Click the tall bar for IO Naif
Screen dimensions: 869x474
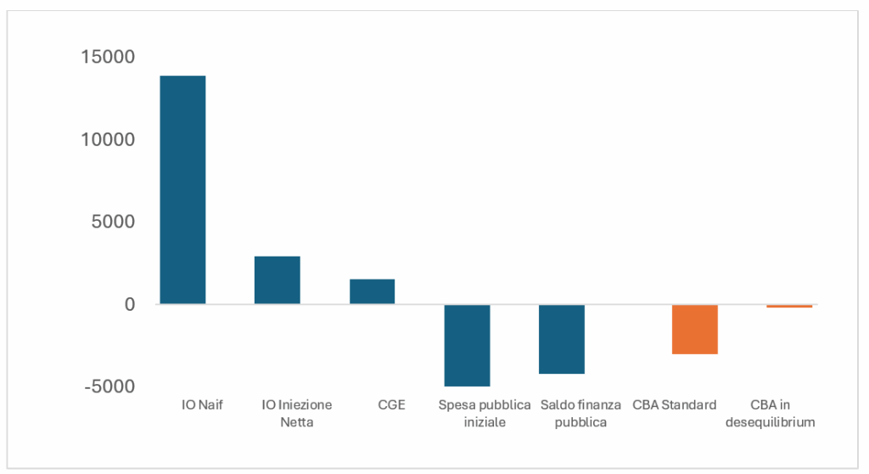(183, 189)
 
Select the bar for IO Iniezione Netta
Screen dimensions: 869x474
(278, 280)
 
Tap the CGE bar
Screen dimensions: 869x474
(372, 291)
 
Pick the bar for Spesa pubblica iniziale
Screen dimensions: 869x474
(468, 345)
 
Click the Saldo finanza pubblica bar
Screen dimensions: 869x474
(562, 339)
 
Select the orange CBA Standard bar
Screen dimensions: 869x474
(695, 329)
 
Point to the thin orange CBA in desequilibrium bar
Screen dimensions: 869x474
(789, 306)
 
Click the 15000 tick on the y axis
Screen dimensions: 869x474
(108, 57)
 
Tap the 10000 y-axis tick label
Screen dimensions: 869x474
(108, 139)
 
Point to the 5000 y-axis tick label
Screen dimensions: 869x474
(113, 222)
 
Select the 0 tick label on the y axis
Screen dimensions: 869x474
(130, 304)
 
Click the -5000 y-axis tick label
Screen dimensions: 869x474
(109, 387)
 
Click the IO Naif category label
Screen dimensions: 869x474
(202, 404)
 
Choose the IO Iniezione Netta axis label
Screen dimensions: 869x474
(296, 414)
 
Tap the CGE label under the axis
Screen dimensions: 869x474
(391, 404)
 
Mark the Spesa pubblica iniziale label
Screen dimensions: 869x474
(485, 414)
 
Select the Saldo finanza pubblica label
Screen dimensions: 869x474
(580, 414)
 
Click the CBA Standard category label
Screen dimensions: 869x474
(675, 404)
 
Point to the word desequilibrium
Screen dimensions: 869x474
(771, 422)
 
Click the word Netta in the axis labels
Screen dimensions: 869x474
(296, 422)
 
